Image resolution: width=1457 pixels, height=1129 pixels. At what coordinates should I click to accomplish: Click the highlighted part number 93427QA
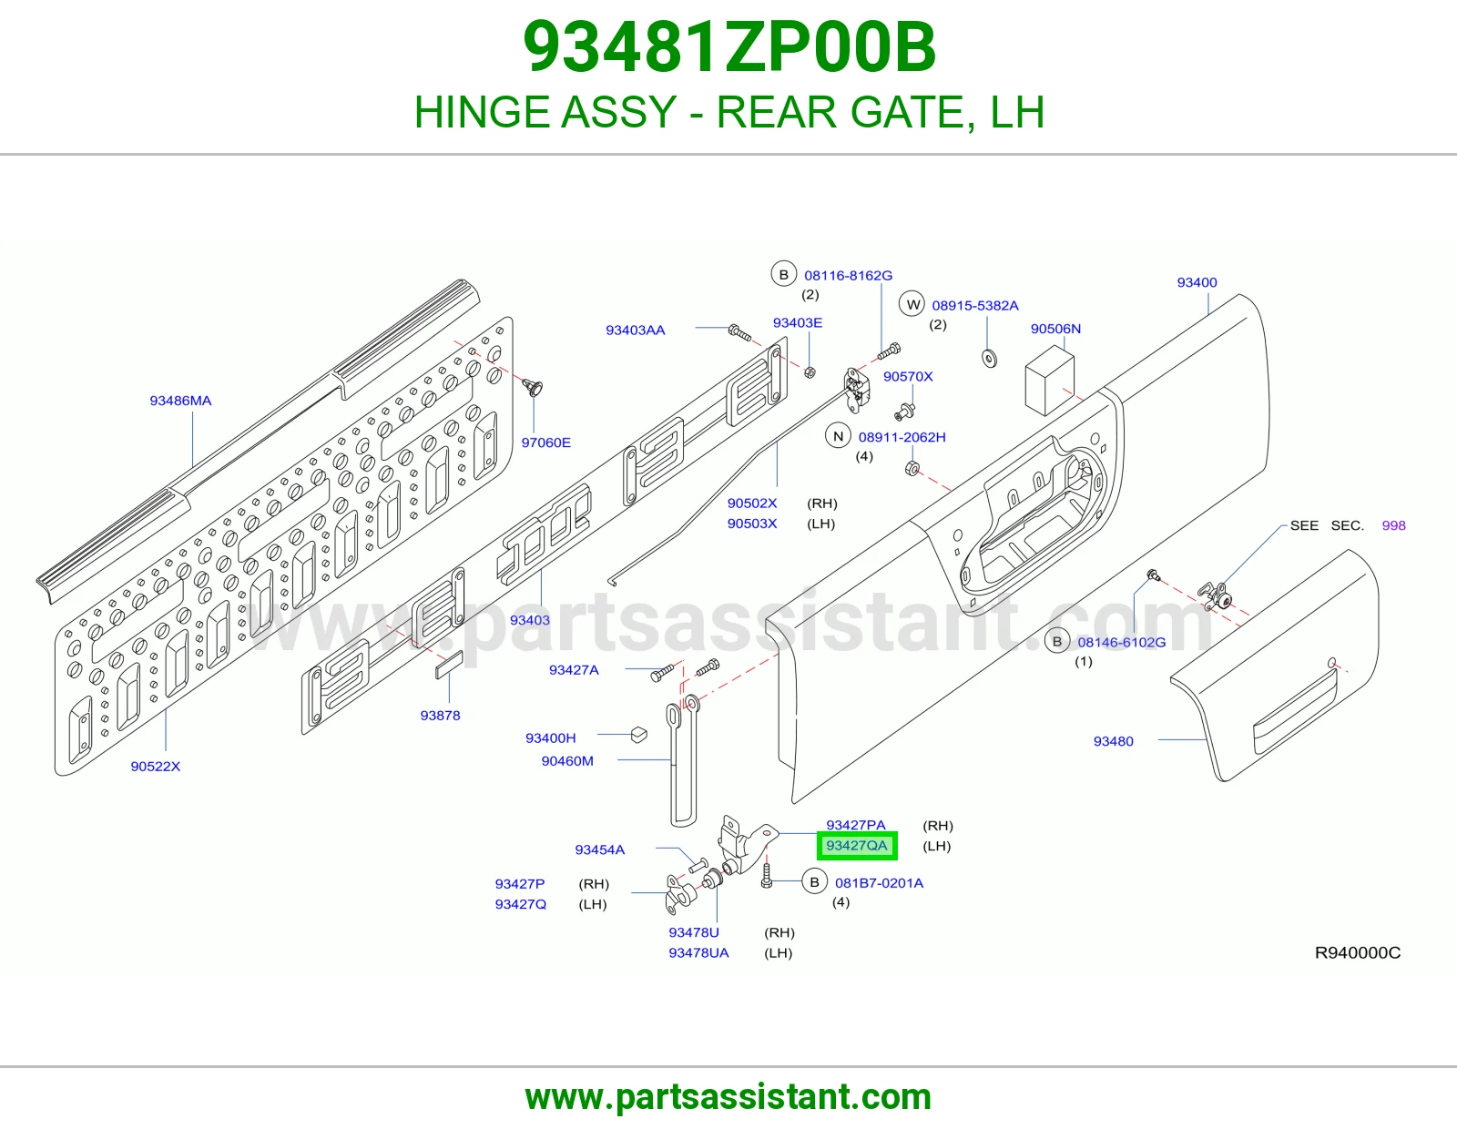tap(856, 846)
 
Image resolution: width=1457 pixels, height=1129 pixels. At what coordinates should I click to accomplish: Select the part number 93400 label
tap(1197, 282)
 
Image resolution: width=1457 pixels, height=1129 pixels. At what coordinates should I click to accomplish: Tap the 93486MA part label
tap(180, 401)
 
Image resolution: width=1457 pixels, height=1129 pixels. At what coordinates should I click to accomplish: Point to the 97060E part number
tap(545, 442)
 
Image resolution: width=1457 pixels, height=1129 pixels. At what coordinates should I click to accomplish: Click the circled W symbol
tap(912, 305)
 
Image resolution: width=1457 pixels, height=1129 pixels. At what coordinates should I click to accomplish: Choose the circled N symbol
tap(838, 437)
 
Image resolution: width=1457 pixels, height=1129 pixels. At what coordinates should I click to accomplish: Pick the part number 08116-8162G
tap(848, 276)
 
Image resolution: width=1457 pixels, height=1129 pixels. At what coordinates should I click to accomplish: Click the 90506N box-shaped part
tap(1050, 381)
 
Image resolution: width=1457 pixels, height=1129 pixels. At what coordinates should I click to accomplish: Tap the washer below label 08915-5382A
tap(989, 359)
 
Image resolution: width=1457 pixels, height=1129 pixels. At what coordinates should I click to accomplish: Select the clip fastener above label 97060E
tap(533, 387)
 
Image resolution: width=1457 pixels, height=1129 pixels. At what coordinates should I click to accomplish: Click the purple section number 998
tap(1393, 525)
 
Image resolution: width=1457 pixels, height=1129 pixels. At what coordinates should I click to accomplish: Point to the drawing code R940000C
tap(1357, 952)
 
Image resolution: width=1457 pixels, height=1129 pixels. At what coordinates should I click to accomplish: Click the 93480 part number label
tap(1113, 741)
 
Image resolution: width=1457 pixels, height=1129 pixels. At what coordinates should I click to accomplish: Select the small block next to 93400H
tap(639, 735)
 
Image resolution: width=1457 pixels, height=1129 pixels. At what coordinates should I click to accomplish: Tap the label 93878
tap(440, 716)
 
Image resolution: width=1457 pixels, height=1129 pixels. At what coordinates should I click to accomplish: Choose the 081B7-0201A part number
tap(879, 883)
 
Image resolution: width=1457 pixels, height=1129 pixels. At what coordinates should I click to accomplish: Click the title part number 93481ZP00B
tap(728, 47)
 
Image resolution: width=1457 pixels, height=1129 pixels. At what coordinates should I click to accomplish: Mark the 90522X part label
tap(156, 767)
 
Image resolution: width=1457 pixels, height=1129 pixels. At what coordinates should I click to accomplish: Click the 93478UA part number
tap(698, 952)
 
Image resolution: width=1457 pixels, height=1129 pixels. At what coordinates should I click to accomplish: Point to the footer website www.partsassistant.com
tap(728, 1097)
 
